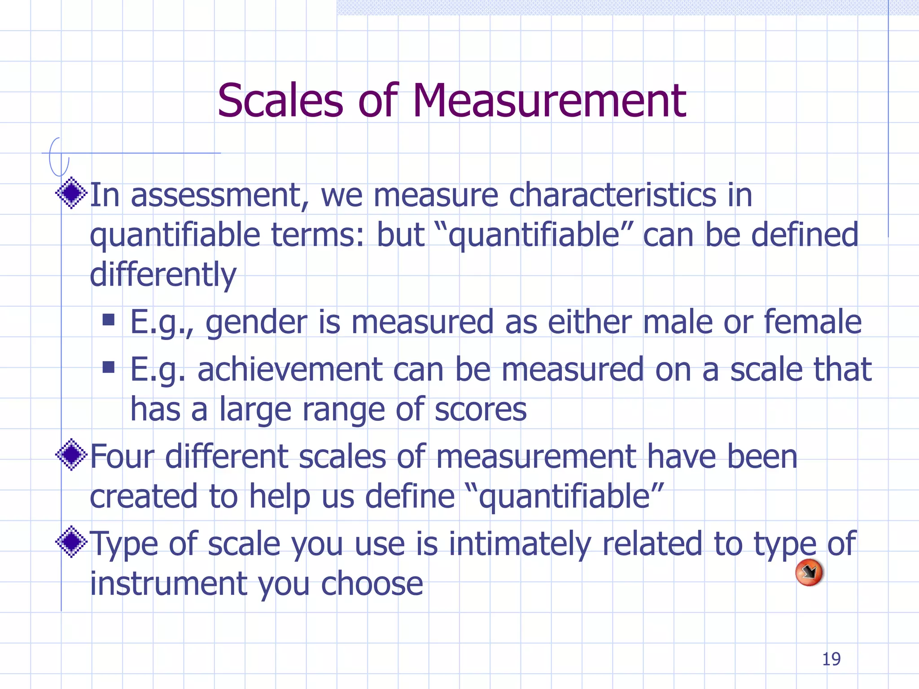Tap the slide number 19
[831, 659]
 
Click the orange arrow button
[809, 572]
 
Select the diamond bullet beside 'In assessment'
[71, 193]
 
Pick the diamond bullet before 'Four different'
[71, 455]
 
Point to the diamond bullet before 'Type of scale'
[71, 542]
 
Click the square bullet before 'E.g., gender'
[108, 320]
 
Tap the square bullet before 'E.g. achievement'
[108, 367]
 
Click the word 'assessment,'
[220, 196]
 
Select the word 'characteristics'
[612, 196]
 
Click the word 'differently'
[163, 275]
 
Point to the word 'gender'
[256, 323]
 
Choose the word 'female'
[812, 322]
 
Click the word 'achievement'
[290, 370]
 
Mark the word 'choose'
[372, 584]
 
